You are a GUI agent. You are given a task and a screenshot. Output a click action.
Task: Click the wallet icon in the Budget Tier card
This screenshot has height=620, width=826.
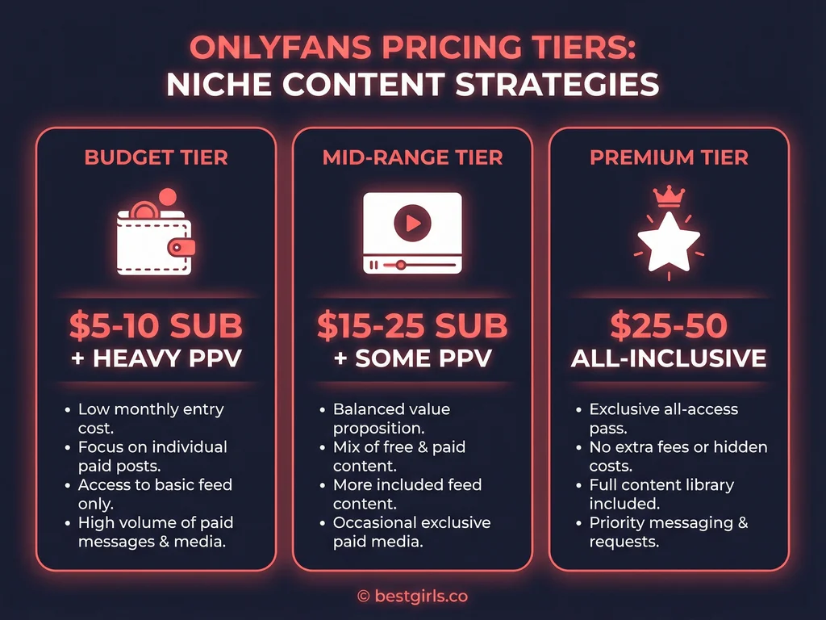[x=155, y=238]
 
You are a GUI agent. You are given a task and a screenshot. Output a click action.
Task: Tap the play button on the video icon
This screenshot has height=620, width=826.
[x=412, y=223]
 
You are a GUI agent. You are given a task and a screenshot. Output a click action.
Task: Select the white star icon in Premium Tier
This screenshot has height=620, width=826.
[x=668, y=241]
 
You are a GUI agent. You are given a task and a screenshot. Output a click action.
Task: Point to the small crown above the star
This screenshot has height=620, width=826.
[x=669, y=196]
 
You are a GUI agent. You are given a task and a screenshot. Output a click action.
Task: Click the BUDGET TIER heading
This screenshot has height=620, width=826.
[x=155, y=157]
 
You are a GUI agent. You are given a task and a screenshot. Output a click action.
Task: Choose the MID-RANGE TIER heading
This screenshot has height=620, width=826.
[x=412, y=157]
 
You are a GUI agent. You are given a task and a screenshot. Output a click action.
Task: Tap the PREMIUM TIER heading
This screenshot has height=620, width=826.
[x=669, y=157]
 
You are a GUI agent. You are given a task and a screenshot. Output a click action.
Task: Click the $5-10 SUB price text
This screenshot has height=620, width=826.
[x=155, y=325]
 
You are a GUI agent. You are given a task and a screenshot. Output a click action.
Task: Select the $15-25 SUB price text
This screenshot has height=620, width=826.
[x=412, y=325]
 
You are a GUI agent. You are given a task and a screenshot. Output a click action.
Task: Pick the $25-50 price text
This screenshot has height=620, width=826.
[x=669, y=325]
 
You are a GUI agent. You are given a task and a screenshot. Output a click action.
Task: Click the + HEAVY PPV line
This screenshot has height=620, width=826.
[x=155, y=358]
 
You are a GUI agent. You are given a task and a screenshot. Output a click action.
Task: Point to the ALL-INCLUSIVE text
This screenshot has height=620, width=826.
[x=669, y=358]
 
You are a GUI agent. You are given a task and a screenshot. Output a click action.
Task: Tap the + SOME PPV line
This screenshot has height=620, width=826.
[x=412, y=358]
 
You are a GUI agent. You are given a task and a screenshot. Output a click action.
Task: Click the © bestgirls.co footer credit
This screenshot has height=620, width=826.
[x=412, y=597]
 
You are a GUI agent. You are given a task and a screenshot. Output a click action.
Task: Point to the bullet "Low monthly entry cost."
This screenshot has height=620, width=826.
[x=151, y=418]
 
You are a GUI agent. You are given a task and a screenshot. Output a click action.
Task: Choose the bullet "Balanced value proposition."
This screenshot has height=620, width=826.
[x=391, y=418]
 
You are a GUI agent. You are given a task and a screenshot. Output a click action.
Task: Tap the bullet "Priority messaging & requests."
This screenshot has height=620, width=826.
[x=668, y=532]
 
